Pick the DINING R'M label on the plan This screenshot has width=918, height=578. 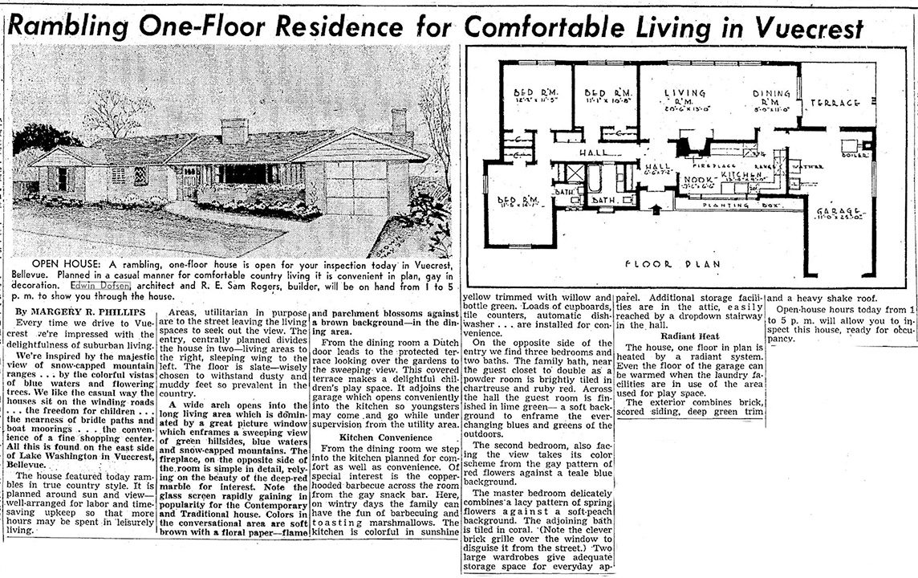point(772,99)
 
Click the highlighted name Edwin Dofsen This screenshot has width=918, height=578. point(99,285)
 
